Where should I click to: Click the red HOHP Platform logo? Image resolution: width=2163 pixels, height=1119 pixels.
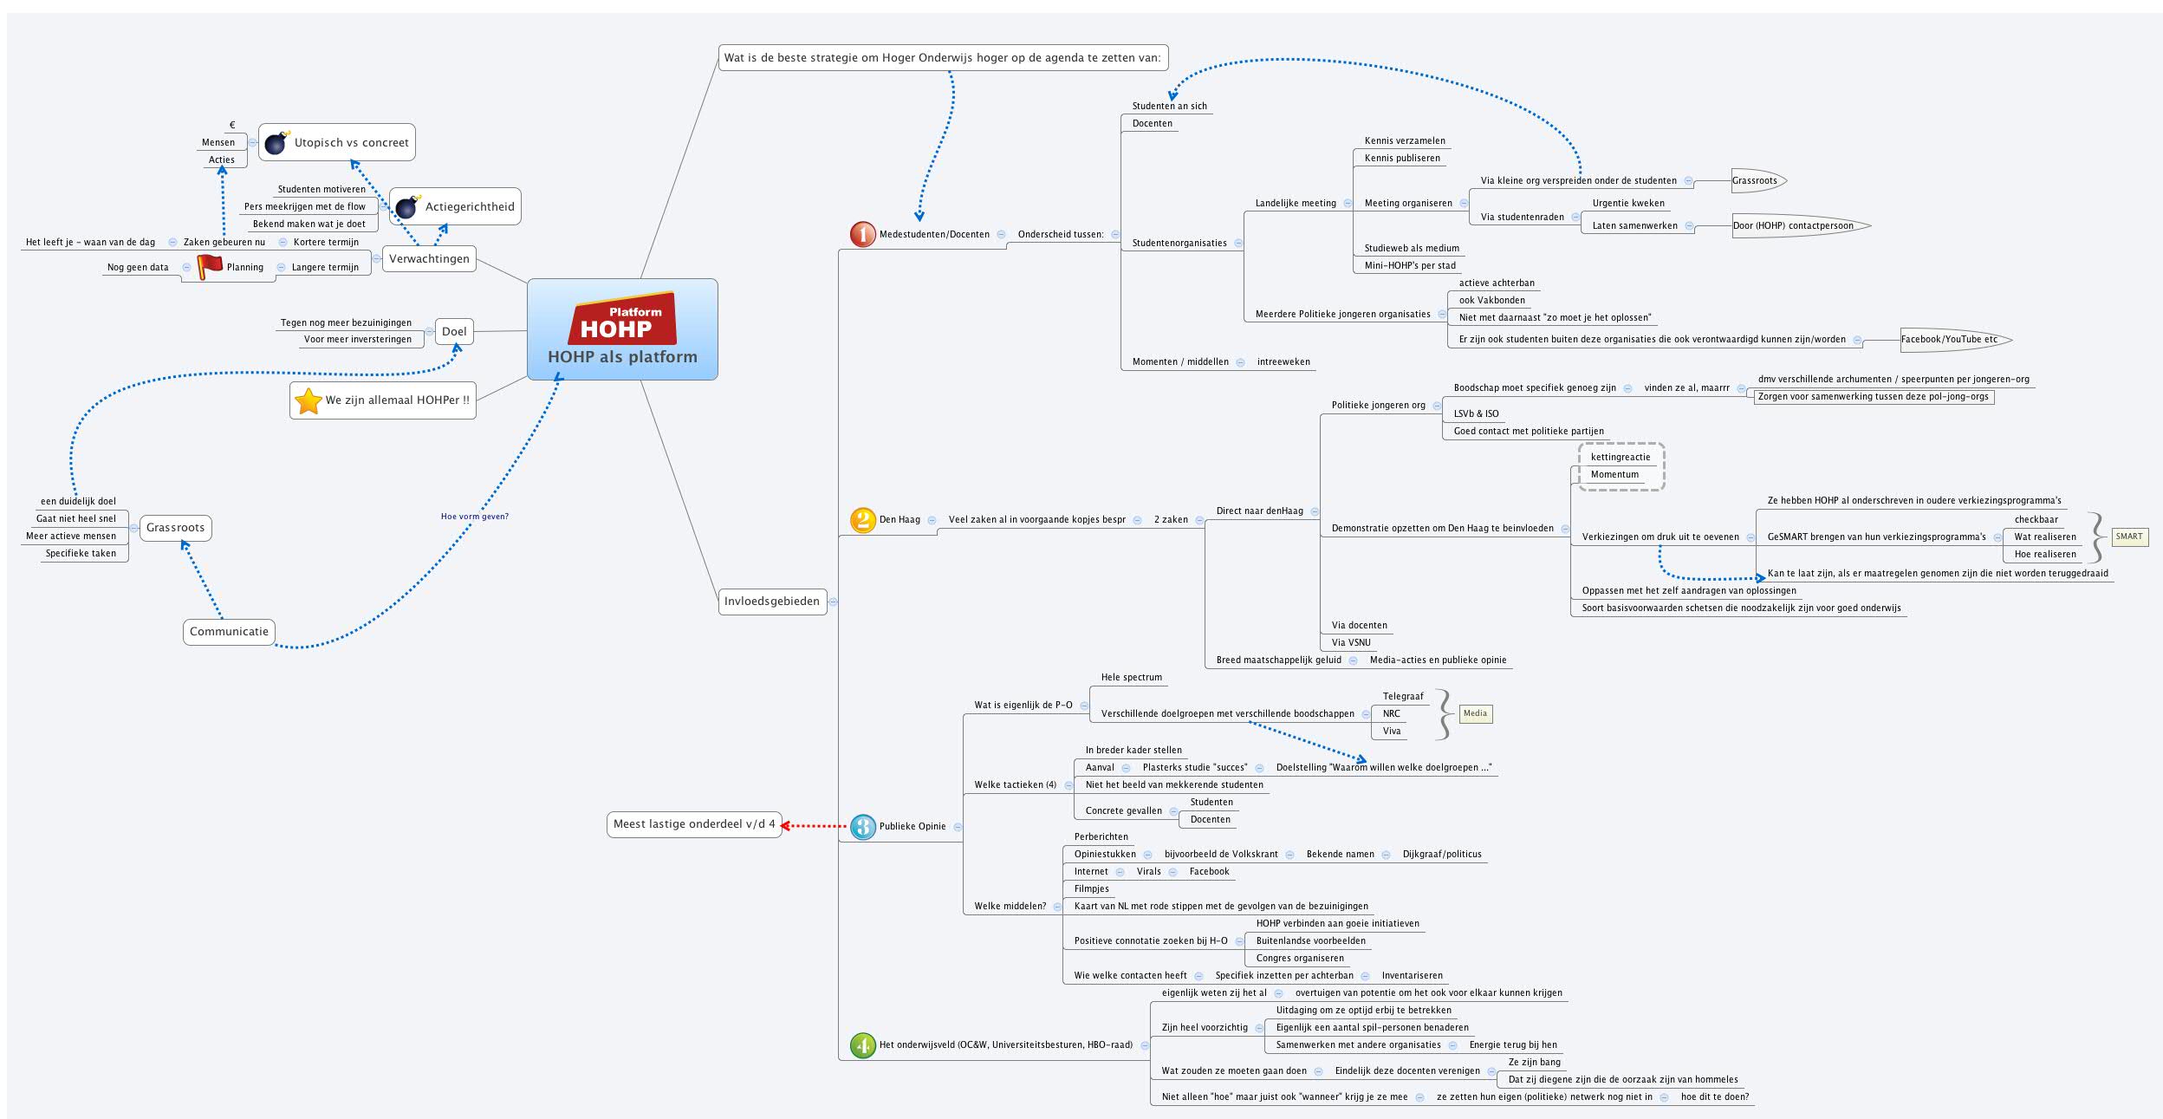pyautogui.click(x=622, y=319)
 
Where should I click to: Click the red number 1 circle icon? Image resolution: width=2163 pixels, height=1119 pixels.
pyautogui.click(x=862, y=234)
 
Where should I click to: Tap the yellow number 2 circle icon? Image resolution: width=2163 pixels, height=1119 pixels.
pyautogui.click(x=862, y=520)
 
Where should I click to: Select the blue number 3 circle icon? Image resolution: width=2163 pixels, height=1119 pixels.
pyautogui.click(x=862, y=826)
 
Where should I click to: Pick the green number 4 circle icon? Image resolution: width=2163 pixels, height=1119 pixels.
pyautogui.click(x=862, y=1045)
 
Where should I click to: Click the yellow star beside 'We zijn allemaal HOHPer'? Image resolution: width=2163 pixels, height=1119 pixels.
pyautogui.click(x=309, y=400)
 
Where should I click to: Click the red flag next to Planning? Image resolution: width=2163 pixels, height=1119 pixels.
pyautogui.click(x=209, y=267)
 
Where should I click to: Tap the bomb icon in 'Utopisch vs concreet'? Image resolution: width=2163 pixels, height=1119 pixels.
pyautogui.click(x=276, y=142)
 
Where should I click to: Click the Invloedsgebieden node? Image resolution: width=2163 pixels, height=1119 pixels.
pyautogui.click(x=772, y=601)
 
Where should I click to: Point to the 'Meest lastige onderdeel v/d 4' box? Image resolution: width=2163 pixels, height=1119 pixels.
pyautogui.click(x=693, y=824)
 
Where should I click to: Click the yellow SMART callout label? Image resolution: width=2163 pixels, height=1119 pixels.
pyautogui.click(x=2128, y=537)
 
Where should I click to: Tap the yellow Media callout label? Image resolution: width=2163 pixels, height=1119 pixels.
pyautogui.click(x=1475, y=714)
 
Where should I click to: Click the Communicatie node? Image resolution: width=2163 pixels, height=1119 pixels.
pyautogui.click(x=229, y=631)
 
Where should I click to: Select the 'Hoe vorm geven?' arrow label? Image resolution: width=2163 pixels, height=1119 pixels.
pyautogui.click(x=474, y=517)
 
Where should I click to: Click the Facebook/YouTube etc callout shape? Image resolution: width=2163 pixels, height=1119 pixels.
pyautogui.click(x=1950, y=339)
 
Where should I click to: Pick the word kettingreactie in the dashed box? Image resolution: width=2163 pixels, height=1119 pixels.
pyautogui.click(x=1620, y=457)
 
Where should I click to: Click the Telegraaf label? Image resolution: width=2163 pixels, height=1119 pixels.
pyautogui.click(x=1402, y=696)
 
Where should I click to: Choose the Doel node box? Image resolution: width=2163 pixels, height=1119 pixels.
pyautogui.click(x=454, y=331)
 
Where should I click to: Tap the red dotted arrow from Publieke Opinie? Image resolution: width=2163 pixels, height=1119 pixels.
pyautogui.click(x=815, y=826)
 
